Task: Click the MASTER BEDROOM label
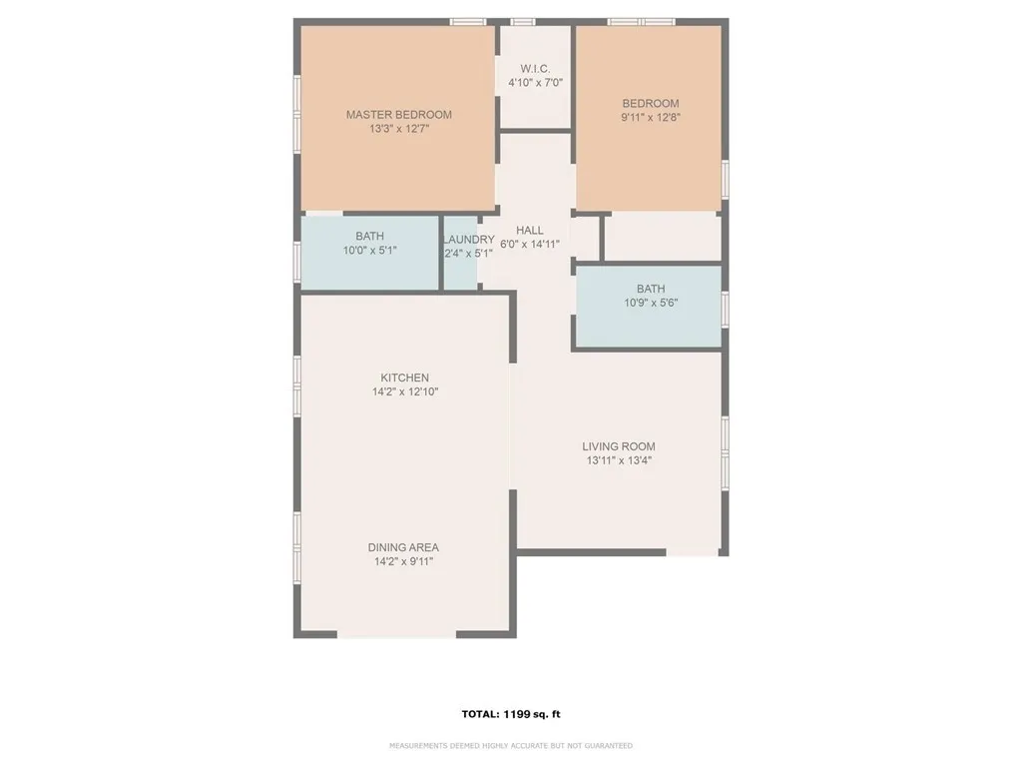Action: tap(398, 115)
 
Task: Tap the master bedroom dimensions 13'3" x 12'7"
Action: tap(398, 129)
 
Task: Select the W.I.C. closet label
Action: tap(535, 69)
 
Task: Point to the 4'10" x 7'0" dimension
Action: tap(535, 83)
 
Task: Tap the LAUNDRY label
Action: tap(468, 240)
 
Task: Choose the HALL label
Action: tap(530, 231)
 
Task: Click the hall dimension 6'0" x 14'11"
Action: tap(530, 245)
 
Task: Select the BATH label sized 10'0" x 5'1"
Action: tap(369, 237)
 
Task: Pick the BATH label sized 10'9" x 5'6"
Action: tap(651, 290)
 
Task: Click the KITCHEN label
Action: tap(404, 378)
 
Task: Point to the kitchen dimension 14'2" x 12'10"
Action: tap(404, 392)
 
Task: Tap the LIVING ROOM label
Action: tap(619, 446)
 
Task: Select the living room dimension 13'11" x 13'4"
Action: tap(619, 461)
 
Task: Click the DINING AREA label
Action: tap(403, 547)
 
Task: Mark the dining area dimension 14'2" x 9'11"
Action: tap(403, 562)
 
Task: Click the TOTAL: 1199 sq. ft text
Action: tap(510, 714)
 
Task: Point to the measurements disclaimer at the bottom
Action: tap(510, 746)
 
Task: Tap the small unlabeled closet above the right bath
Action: tap(662, 238)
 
